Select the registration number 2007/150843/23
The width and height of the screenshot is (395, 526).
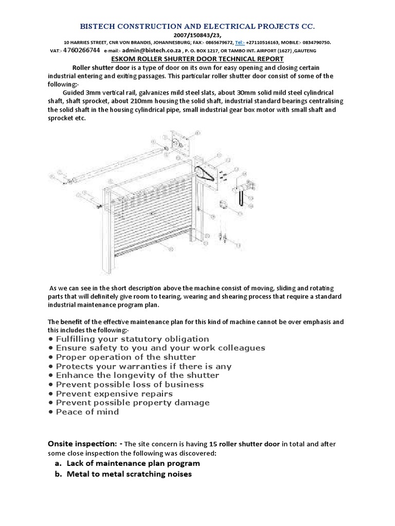(x=197, y=35)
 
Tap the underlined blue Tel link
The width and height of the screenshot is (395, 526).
(x=240, y=43)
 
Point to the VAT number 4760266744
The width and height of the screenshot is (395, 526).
(x=81, y=51)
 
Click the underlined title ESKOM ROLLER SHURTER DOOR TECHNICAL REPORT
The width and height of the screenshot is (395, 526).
(x=197, y=59)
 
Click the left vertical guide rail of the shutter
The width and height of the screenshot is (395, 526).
(x=106, y=231)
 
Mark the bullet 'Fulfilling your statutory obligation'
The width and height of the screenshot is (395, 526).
(x=132, y=339)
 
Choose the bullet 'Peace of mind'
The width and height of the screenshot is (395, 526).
(x=87, y=412)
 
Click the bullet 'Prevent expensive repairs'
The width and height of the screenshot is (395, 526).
(x=114, y=393)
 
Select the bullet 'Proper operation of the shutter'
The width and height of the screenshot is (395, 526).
(x=125, y=357)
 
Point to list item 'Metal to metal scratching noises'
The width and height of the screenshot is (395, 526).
(x=129, y=474)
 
